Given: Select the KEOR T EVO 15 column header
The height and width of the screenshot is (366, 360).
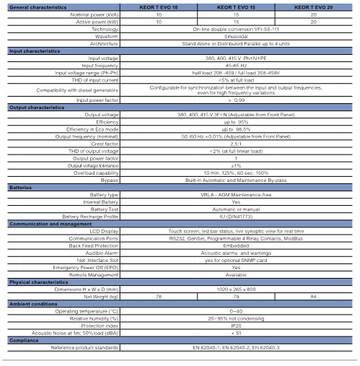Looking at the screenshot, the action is point(236,7).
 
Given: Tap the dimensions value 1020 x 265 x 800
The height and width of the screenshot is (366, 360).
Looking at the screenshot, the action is point(236,289).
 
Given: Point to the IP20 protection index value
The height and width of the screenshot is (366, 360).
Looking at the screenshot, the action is point(236,326).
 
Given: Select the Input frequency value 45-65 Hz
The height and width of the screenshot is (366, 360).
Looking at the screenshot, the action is point(236,64).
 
